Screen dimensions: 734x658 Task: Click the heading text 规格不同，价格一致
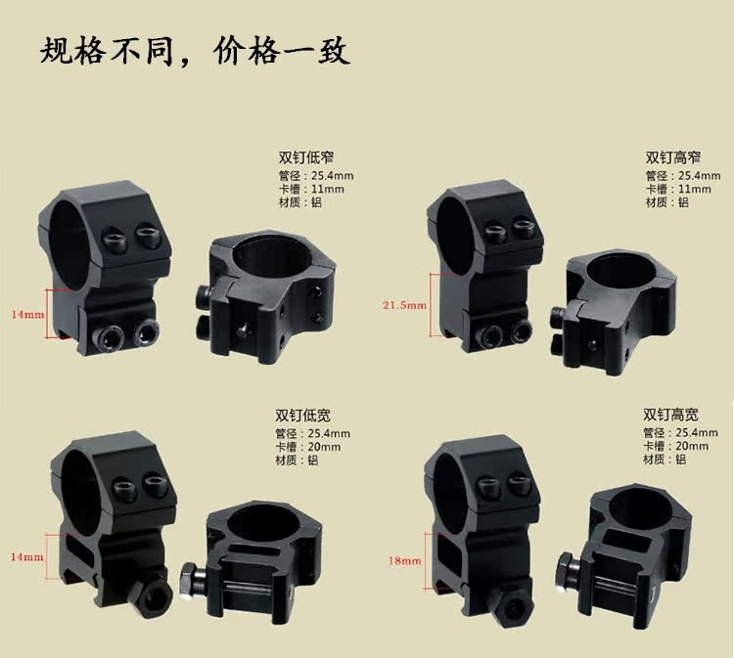coord(194,50)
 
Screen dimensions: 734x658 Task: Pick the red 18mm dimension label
coord(404,561)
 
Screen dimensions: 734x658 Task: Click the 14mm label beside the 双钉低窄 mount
coord(27,315)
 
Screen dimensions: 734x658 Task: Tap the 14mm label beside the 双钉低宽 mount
coord(27,557)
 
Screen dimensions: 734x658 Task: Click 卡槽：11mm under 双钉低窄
coord(311,189)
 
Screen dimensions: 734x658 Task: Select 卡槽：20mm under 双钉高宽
coord(676,446)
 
